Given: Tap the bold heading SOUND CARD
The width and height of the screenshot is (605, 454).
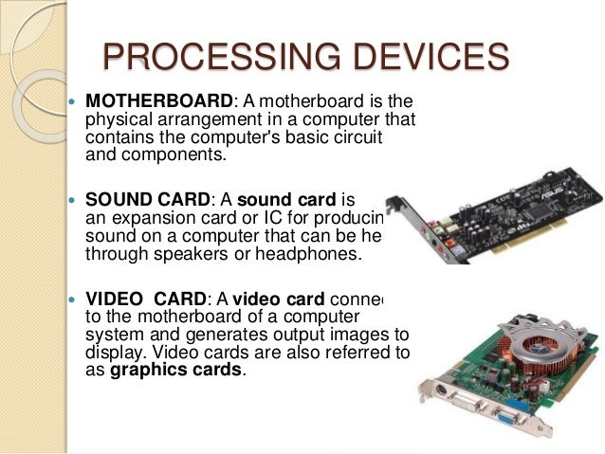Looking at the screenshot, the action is (147, 200).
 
